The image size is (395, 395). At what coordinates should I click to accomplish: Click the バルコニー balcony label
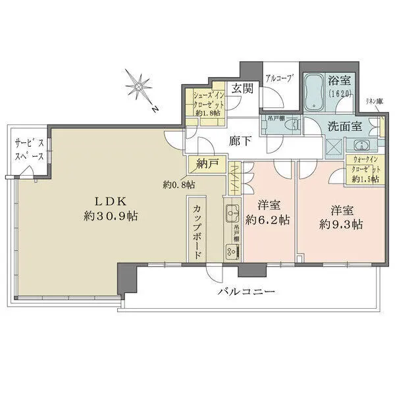[248, 292]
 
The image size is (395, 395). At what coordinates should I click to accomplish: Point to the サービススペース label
[30, 151]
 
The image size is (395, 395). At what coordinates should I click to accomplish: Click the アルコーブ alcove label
[279, 78]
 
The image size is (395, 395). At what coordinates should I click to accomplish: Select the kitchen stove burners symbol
[232, 251]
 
